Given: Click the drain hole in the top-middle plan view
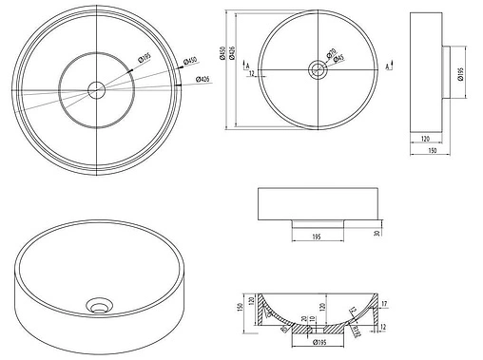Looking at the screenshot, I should (316, 68).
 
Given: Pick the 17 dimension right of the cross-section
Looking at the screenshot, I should (384, 304).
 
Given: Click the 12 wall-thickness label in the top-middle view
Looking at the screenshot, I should (250, 73).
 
